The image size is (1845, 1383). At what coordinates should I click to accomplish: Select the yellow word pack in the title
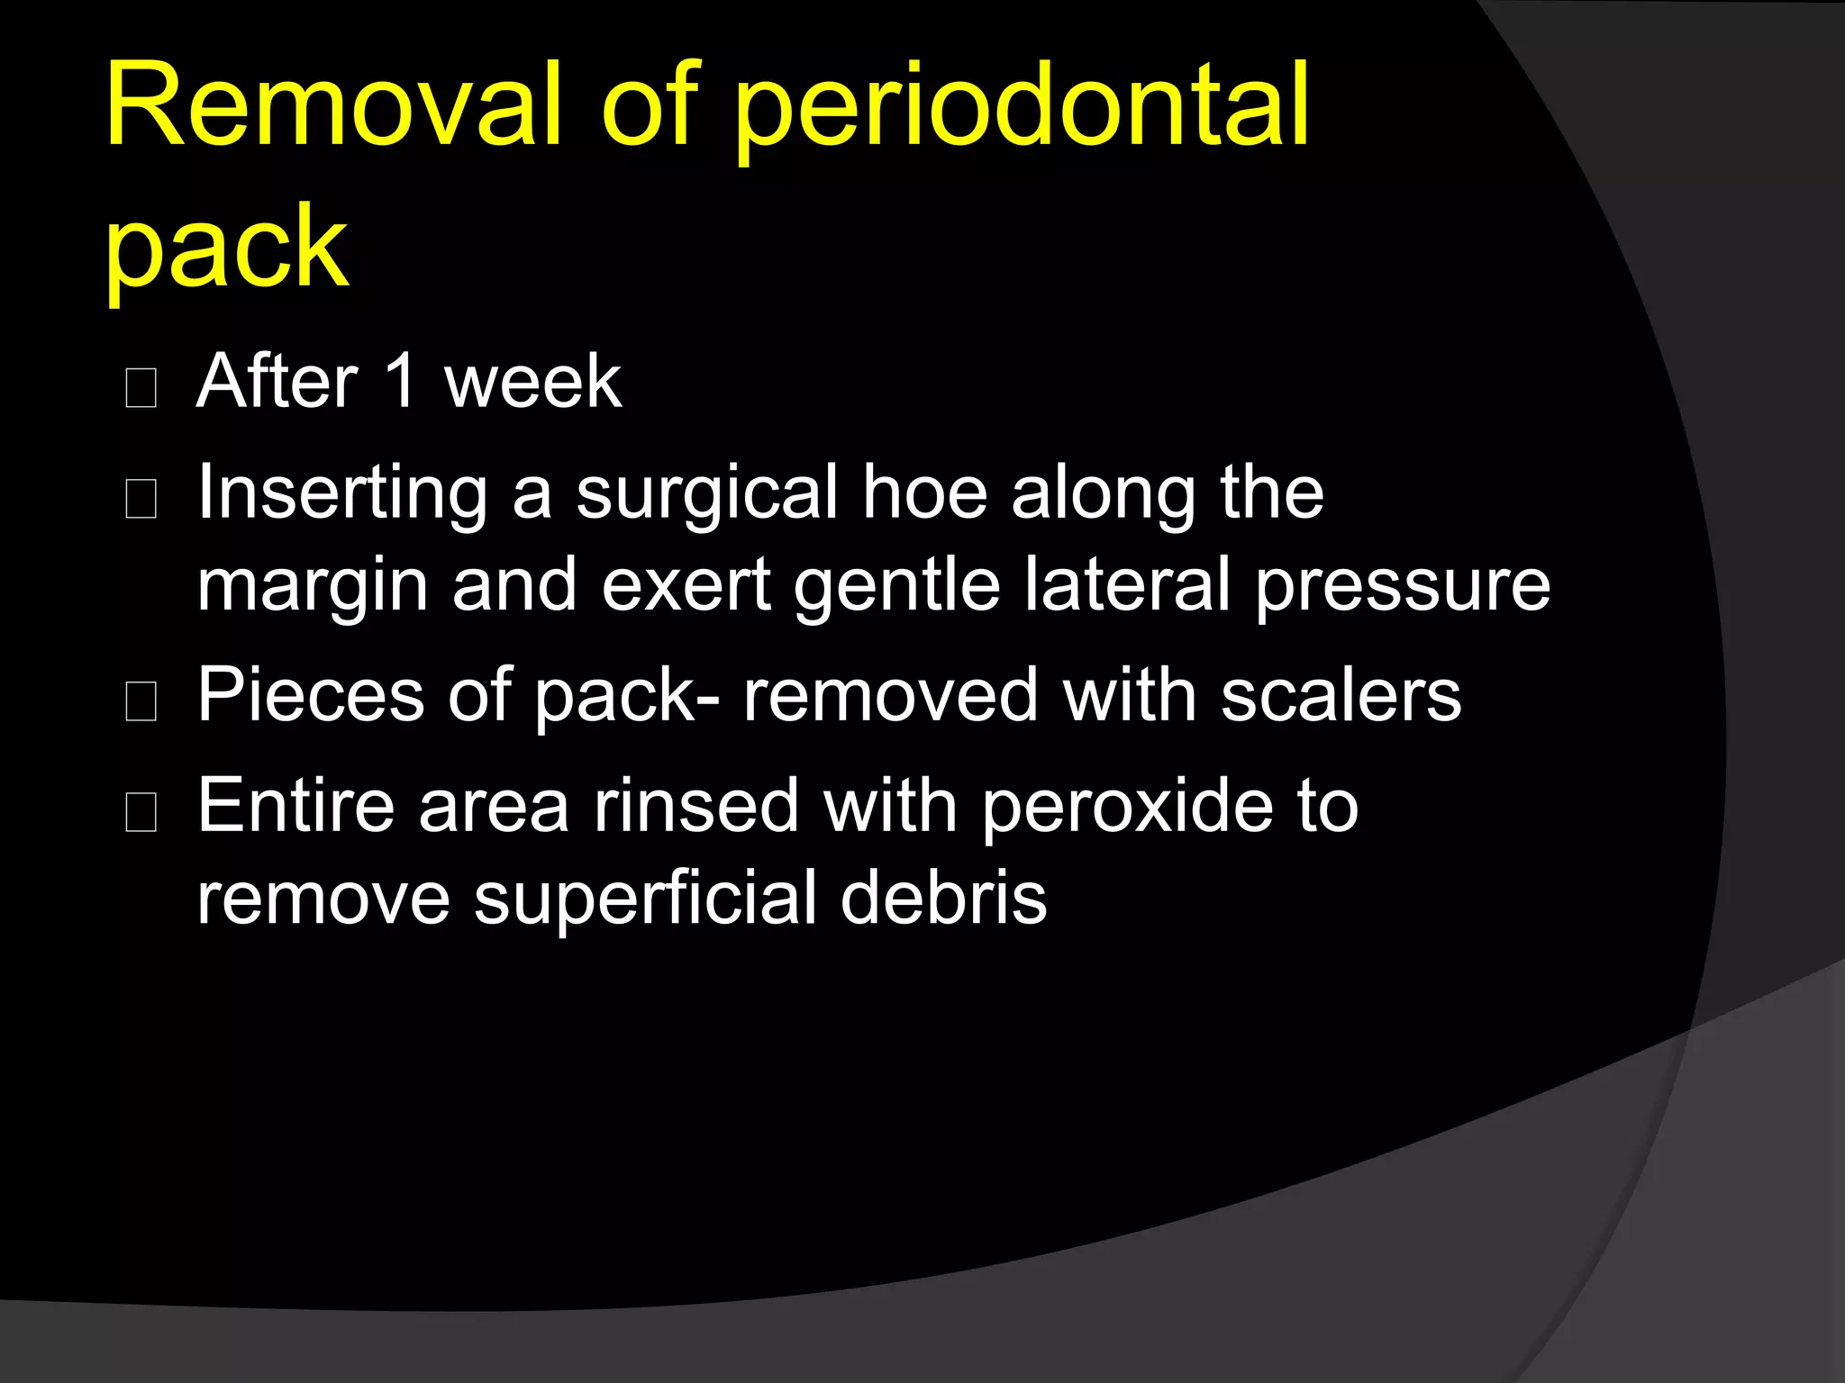pyautogui.click(x=226, y=248)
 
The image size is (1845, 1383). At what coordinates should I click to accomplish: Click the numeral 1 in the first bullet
pyautogui.click(x=401, y=382)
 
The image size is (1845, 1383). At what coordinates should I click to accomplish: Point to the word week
pyautogui.click(x=532, y=382)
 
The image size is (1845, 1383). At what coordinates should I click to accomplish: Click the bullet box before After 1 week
pyautogui.click(x=141, y=388)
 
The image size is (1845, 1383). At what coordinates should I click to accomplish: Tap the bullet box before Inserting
pyautogui.click(x=141, y=499)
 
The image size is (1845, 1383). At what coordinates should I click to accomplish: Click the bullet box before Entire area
pyautogui.click(x=141, y=812)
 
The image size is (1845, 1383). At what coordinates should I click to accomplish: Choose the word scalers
pyautogui.click(x=1341, y=695)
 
